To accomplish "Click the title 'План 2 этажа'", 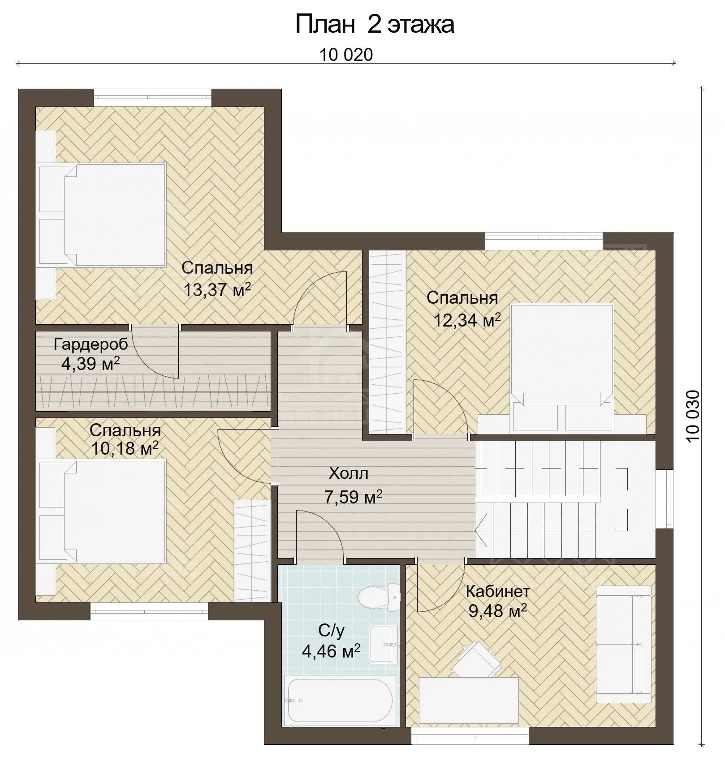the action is point(375,25).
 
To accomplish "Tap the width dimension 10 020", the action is point(346,55).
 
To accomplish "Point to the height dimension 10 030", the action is point(692,416).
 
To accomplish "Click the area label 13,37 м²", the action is point(217,290).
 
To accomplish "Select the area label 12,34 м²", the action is point(467,320).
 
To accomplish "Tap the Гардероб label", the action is point(91,344).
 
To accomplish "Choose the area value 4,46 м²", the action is point(331,651).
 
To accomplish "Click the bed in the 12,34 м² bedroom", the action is point(562,367).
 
